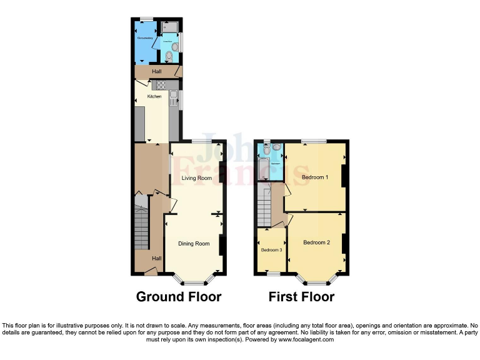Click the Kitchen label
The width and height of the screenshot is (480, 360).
[x=154, y=96]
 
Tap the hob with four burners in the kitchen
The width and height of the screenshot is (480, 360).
[x=160, y=85]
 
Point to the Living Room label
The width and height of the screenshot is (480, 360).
[x=196, y=178]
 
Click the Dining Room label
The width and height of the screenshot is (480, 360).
[x=194, y=243]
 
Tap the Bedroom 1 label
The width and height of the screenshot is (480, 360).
[x=315, y=177]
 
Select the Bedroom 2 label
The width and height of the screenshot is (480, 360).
[x=316, y=242]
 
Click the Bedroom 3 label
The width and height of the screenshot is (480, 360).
[x=271, y=250]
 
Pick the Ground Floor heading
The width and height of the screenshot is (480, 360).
[x=179, y=296]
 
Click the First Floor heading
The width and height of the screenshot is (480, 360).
[x=301, y=296]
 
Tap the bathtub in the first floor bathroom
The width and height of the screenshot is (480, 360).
[x=263, y=169]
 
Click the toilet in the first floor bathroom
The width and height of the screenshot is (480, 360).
[x=267, y=150]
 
